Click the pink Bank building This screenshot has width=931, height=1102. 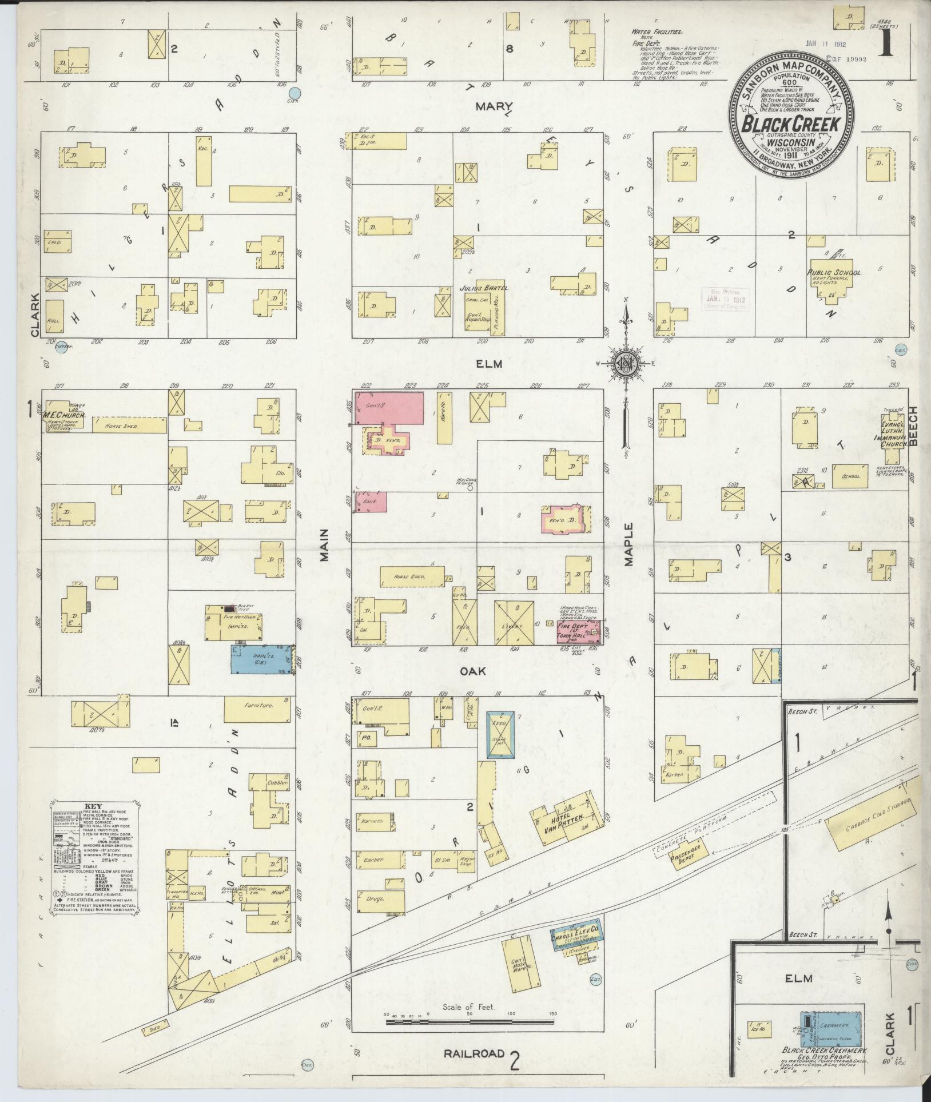pos(369,502)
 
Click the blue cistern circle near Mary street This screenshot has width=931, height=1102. pos(295,93)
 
